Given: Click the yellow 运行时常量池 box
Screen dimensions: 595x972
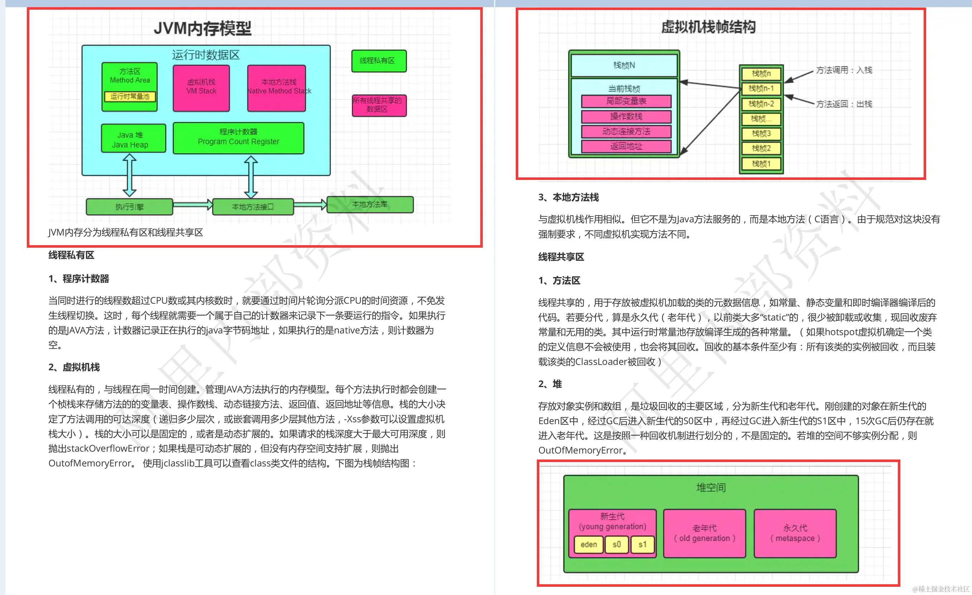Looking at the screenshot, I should [130, 96].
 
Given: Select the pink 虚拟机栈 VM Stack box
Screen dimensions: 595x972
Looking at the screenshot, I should [201, 88].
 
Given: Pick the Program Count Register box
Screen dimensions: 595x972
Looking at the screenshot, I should [238, 138].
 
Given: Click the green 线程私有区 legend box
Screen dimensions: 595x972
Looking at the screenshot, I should [378, 61].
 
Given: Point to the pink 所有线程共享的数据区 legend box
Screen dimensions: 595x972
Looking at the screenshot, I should [379, 105].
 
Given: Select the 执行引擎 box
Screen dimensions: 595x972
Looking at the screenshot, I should [129, 207].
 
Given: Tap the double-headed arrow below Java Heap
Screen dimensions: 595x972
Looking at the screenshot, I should [129, 175].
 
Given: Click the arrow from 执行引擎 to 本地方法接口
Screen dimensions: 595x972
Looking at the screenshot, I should [193, 205].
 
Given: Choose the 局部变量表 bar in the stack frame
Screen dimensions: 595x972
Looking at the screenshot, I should [626, 101].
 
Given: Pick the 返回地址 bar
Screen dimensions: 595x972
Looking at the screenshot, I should [626, 146].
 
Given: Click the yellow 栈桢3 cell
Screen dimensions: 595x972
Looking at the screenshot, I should [761, 133].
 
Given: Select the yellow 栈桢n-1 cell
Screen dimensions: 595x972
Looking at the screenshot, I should [761, 89].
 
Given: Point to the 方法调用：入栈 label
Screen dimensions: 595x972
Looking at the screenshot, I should [844, 70].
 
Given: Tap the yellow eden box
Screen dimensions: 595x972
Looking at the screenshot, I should [588, 544].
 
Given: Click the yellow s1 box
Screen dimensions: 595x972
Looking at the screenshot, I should [642, 544].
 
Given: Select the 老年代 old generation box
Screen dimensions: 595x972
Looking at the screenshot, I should [704, 533].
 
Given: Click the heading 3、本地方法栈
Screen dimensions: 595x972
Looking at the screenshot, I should [568, 197].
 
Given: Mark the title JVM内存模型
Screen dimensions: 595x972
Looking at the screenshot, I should [202, 28].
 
